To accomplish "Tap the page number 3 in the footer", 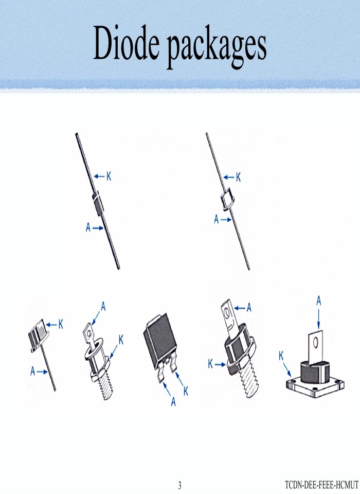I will click(x=179, y=485).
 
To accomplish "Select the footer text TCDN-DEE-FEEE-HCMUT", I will click(x=321, y=485).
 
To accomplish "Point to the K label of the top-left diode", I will click(x=109, y=177).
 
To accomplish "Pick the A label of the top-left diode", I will click(x=88, y=227).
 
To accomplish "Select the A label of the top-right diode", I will click(x=218, y=220).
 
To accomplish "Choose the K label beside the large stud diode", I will click(x=211, y=364).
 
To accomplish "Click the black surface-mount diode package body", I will click(x=159, y=337).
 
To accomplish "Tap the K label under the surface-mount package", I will click(x=186, y=391).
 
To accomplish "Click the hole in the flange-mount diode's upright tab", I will click(x=317, y=341).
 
